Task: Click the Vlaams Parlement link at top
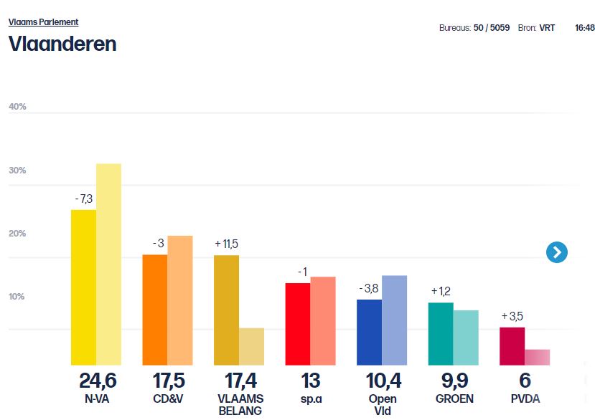[x=43, y=22]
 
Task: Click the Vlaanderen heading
[x=62, y=44]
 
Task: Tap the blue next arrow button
[x=557, y=252]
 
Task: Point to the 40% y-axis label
[x=17, y=107]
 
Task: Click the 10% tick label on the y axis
[x=17, y=297]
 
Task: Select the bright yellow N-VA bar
[x=83, y=287]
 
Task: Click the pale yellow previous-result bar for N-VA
[x=108, y=264]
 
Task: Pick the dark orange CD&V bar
[x=154, y=310]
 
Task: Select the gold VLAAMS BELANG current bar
[x=226, y=310]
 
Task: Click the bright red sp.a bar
[x=298, y=324]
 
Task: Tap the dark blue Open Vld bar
[x=369, y=332]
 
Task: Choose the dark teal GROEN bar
[x=441, y=333]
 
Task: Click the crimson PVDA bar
[x=512, y=346]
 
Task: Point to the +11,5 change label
[x=226, y=244]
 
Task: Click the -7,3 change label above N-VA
[x=83, y=198]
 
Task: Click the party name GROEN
[x=454, y=398]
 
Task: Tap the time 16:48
[x=584, y=28]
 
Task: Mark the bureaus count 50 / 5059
[x=492, y=28]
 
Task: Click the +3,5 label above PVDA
[x=513, y=316]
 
